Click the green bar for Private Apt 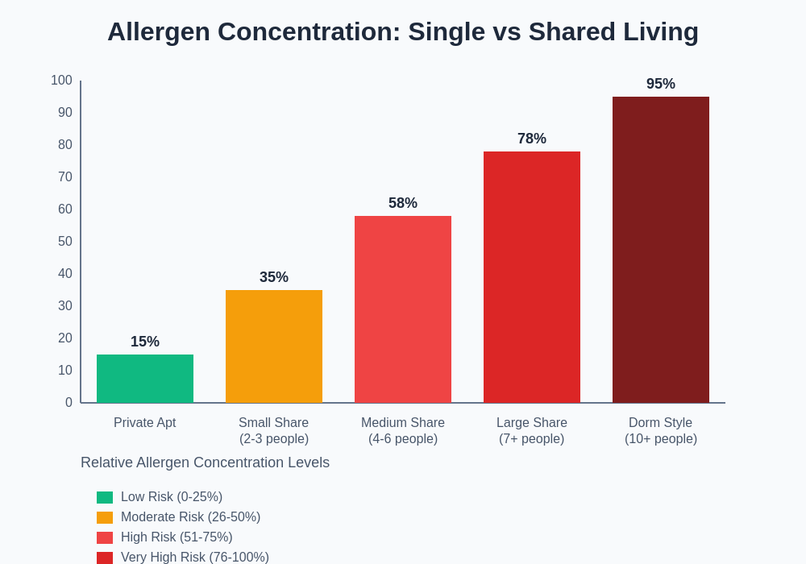click(x=145, y=379)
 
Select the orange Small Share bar click(x=274, y=346)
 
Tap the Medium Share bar click(x=403, y=309)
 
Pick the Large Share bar click(x=532, y=277)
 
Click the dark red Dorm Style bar click(x=661, y=250)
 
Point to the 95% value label click(x=661, y=84)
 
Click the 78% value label click(x=532, y=139)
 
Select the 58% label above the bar click(x=403, y=203)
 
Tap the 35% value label click(x=274, y=277)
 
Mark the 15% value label click(x=145, y=342)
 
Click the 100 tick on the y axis click(x=61, y=81)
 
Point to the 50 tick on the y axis click(x=64, y=242)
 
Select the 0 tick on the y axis click(x=69, y=403)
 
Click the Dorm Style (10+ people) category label click(x=661, y=431)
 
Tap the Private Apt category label click(x=145, y=423)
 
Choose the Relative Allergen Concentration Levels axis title click(x=205, y=462)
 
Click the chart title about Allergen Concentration click(x=403, y=31)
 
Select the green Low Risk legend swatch click(x=105, y=498)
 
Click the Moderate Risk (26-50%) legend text click(x=190, y=517)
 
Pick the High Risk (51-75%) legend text click(x=177, y=537)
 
